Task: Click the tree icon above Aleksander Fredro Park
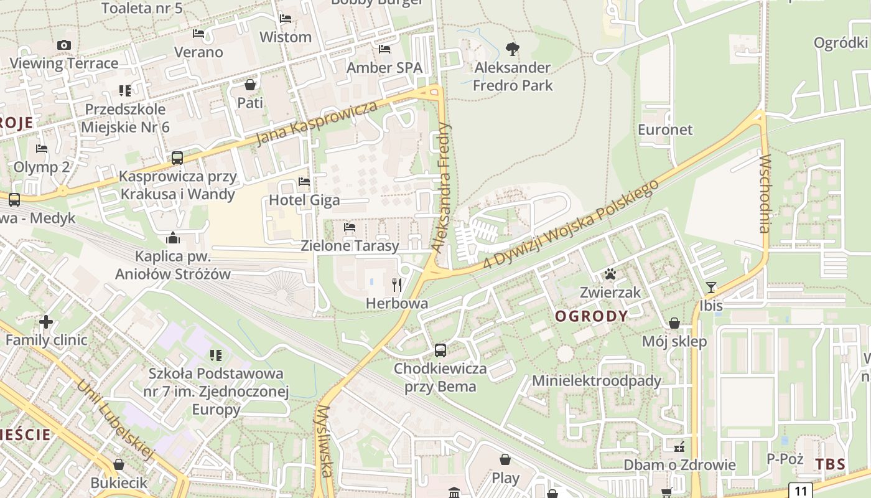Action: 513,49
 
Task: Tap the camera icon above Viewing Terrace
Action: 63,45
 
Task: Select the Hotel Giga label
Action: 304,200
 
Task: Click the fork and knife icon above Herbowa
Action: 397,285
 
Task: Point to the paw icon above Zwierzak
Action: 610,274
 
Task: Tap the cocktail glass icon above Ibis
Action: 711,287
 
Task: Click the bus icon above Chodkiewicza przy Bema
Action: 440,350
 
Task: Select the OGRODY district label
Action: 591,316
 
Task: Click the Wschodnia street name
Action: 765,193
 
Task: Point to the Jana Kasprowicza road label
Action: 316,123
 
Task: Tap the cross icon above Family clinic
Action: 46,322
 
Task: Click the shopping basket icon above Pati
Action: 250,85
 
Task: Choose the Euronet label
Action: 665,129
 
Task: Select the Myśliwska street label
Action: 324,442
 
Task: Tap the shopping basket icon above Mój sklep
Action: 674,323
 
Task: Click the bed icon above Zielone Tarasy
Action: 350,228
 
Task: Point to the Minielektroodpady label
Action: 596,380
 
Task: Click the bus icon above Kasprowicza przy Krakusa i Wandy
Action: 177,157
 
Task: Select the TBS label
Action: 830,464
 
